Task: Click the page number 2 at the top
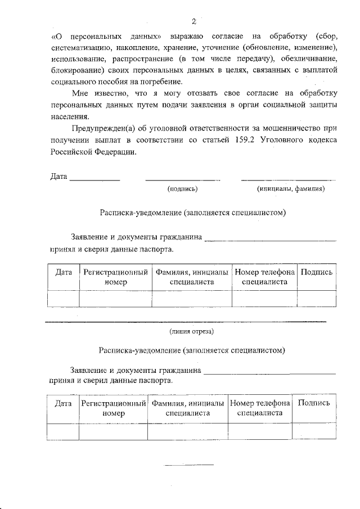pos(193,22)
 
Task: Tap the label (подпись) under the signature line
pos(182,189)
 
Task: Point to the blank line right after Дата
pos(94,179)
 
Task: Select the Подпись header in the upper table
pos(317,272)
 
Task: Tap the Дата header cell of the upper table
pos(64,272)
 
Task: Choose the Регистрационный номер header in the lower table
pos(113,408)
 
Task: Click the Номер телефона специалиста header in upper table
pos(264,277)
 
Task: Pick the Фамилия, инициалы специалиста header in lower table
pos(187,408)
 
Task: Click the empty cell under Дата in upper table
pos(64,298)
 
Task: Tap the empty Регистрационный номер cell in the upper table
pos(115,298)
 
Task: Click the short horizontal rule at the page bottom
pos(189,465)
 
